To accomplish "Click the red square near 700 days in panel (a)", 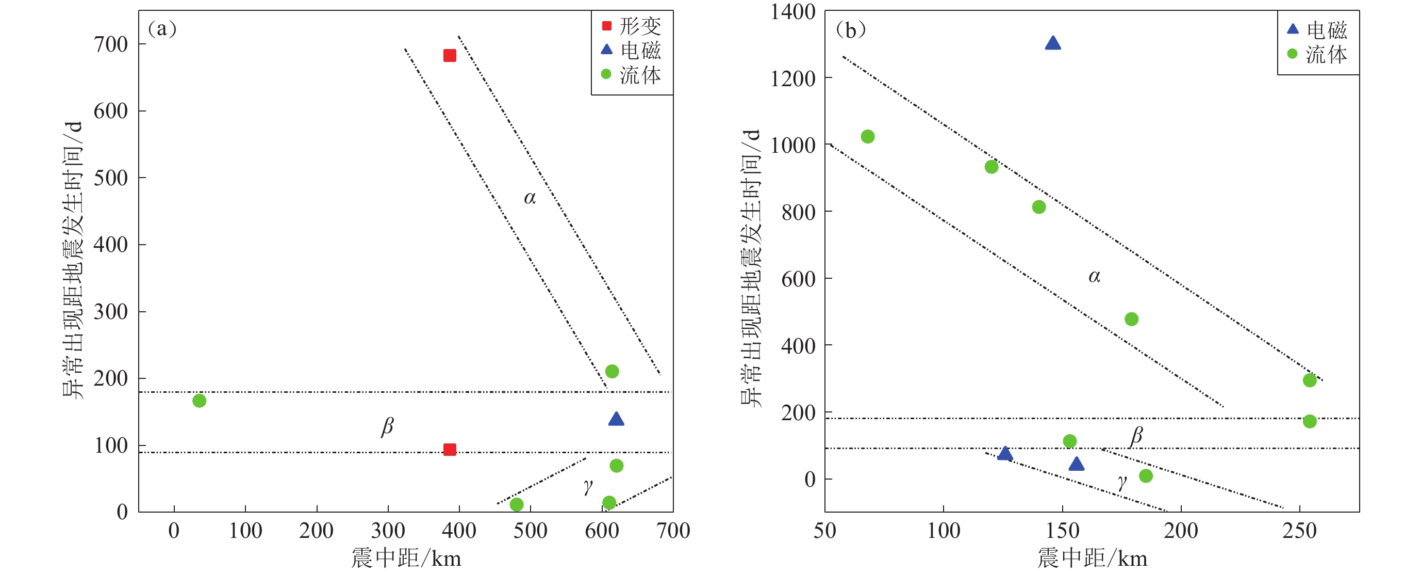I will pos(450,55).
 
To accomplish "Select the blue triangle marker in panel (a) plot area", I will pos(616,420).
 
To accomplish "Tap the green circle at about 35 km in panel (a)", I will pos(199,401).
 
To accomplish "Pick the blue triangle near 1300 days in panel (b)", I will pos(1052,43).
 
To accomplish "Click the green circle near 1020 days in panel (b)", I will pos(868,136).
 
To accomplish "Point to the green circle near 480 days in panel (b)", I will pos(1131,319).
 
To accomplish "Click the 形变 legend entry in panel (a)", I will pos(632,26).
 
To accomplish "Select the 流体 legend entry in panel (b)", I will pos(1318,55).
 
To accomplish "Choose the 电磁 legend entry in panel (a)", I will pos(632,50).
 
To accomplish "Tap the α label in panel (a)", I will pos(530,198).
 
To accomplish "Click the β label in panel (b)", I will pos(1136,436).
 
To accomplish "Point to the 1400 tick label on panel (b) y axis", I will pos(792,12).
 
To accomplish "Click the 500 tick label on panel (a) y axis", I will pos(110,178).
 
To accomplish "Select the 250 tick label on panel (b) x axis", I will pos(1300,531).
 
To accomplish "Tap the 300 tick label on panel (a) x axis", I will pos(388,531).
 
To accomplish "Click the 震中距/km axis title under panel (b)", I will pos(1092,558).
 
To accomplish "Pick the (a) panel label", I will pos(162,28).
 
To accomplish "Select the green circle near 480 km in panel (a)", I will pos(516,504).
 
